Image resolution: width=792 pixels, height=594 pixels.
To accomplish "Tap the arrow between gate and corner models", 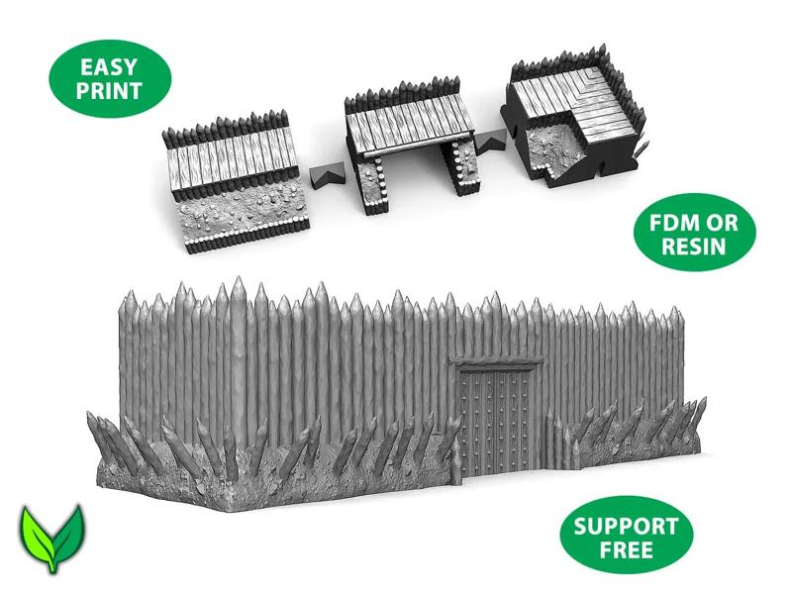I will click(x=486, y=147).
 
